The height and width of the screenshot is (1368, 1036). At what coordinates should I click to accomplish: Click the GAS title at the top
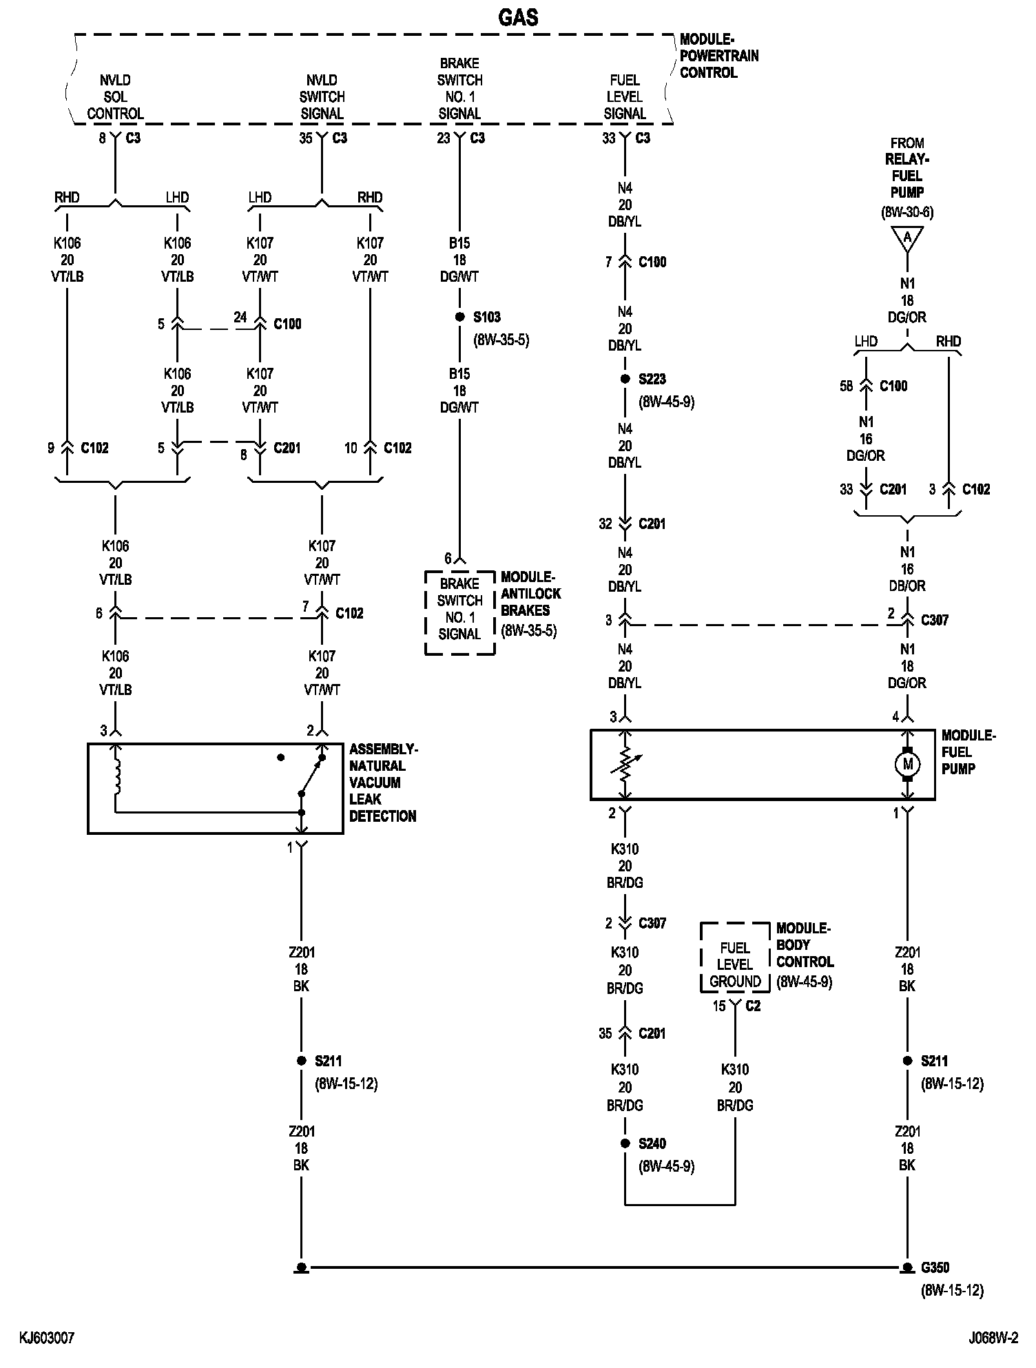click(x=518, y=17)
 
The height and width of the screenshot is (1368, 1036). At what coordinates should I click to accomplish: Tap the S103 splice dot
click(x=459, y=318)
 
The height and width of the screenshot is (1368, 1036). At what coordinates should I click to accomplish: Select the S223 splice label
click(x=652, y=379)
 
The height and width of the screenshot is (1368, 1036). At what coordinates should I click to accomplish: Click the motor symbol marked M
click(x=907, y=764)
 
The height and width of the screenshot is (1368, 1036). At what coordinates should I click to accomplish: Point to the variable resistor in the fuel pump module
click(x=625, y=764)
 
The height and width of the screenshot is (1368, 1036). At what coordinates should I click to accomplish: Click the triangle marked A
click(x=907, y=238)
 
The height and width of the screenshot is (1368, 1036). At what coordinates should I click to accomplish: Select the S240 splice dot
click(x=625, y=1143)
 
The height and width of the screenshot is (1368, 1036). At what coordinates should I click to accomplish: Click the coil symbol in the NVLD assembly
click(x=116, y=775)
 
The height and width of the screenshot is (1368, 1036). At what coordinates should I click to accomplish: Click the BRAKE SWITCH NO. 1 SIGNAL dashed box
click(x=459, y=609)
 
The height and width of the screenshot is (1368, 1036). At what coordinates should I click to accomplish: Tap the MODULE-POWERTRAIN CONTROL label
click(x=718, y=56)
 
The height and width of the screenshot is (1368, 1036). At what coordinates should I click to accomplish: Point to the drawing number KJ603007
click(x=47, y=1338)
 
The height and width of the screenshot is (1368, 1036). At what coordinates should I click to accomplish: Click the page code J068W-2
click(x=993, y=1338)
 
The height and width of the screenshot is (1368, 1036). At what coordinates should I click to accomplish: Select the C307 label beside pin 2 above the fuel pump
click(x=935, y=620)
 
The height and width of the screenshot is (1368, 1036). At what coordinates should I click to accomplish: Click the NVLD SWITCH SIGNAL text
click(x=322, y=97)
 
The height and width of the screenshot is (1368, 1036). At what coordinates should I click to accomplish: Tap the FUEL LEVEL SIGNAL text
click(x=625, y=97)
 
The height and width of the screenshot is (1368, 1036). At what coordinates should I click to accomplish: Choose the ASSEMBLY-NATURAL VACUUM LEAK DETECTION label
click(x=382, y=783)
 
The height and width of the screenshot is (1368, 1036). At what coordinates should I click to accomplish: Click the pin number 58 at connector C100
click(x=846, y=386)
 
